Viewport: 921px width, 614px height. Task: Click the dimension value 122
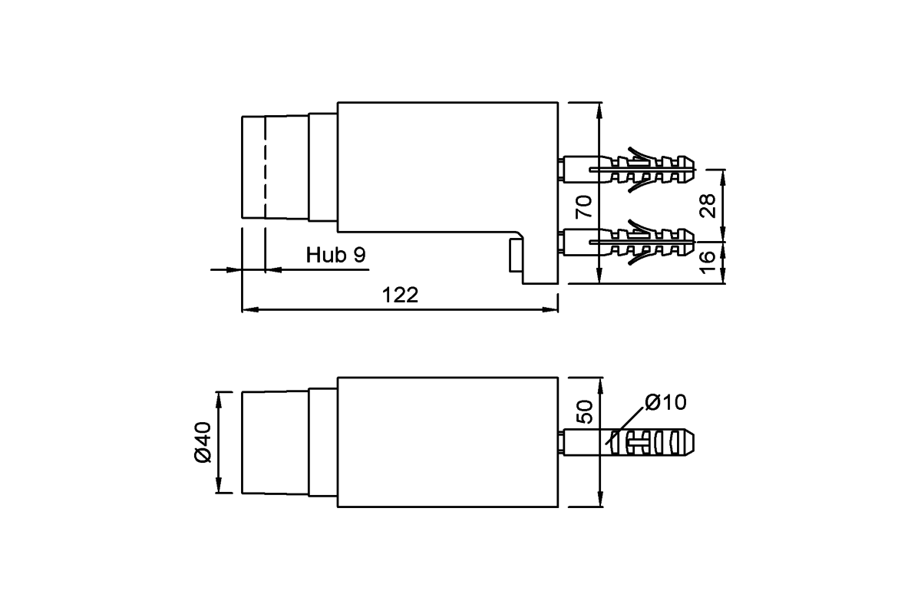400,295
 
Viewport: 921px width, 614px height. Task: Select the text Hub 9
335,255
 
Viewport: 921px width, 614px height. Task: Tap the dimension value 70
584,207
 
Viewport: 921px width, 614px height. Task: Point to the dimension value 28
708,206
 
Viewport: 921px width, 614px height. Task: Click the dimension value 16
708,262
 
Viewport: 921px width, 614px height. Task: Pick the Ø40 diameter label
203,442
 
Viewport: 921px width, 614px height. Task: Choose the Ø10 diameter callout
665,402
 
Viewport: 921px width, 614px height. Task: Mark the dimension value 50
585,411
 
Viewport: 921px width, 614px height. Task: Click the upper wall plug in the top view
629,169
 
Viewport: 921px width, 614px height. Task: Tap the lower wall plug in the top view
629,243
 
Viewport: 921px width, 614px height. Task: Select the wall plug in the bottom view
629,442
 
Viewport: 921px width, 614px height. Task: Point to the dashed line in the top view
266,167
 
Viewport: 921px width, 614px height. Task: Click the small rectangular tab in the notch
517,255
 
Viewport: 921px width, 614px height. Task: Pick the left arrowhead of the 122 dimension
250,309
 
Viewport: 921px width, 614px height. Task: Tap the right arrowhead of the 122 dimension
550,309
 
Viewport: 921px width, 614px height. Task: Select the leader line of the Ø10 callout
625,426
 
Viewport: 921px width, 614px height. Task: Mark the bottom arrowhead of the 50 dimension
600,499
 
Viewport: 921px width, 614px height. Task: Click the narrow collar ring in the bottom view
323,442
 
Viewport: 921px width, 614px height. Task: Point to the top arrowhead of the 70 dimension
599,111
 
